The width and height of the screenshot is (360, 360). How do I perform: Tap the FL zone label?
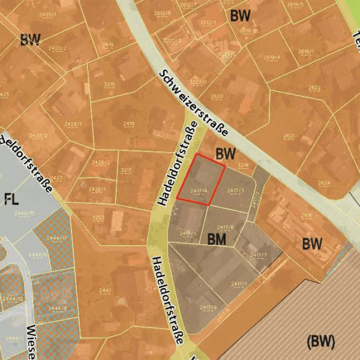pyautogui.click(x=12, y=199)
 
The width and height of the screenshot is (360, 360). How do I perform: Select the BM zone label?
pyautogui.click(x=217, y=239)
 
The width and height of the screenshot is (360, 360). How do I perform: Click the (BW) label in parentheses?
pyautogui.click(x=320, y=341)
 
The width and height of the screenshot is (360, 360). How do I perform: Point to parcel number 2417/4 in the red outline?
pyautogui.click(x=199, y=191)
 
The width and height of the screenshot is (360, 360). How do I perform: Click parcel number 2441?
pyautogui.click(x=105, y=290)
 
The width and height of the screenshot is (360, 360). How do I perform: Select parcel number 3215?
pyautogui.click(x=109, y=85)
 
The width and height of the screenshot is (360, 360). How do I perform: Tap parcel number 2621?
pyautogui.click(x=289, y=136)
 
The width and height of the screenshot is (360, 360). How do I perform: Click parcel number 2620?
pyautogui.click(x=217, y=96)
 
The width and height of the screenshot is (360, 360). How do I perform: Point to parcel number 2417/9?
pyautogui.click(x=208, y=308)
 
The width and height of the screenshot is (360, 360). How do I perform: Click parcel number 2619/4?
pyautogui.click(x=272, y=58)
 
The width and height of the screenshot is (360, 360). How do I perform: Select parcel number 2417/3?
pyautogui.click(x=236, y=191)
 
